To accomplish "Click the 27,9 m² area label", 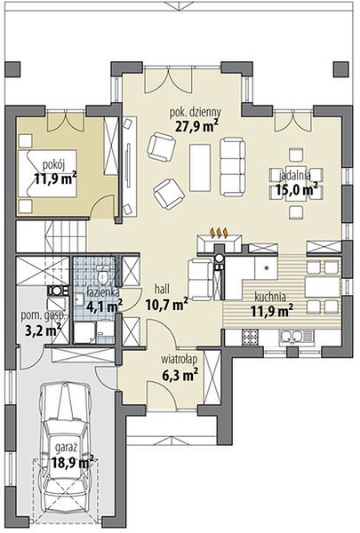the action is tap(197, 125).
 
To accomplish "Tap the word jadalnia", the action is tap(295, 175).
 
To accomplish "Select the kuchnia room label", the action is tap(270, 297).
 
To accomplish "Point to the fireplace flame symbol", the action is tap(220, 233).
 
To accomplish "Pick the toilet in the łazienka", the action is tap(103, 275).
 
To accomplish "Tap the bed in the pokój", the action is tap(47, 173).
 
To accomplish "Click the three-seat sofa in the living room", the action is tap(232, 167).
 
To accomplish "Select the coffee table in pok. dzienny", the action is tap(200, 167).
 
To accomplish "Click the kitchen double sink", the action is tap(295, 338).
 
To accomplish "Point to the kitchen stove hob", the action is tap(250, 338).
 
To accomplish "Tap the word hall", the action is tap(162, 290).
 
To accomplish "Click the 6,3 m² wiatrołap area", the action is tap(180, 375).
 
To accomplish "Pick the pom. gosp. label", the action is tap(43, 316).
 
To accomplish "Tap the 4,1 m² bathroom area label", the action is tap(105, 307).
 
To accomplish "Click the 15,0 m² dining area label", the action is tap(297, 188).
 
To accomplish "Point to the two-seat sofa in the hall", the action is tap(200, 280).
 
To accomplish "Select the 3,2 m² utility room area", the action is tap(44, 330).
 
